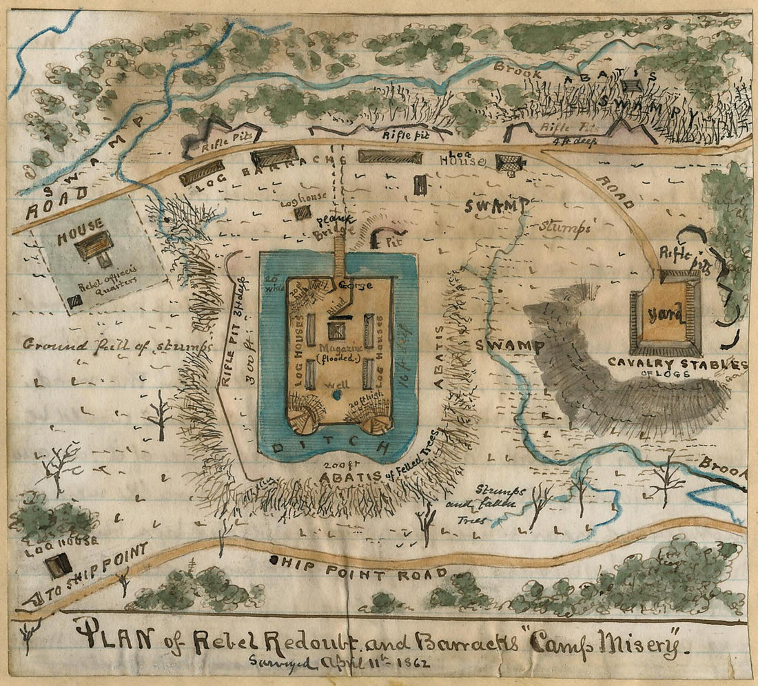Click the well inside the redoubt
336,395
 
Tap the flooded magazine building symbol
337,331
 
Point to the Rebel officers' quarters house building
94,245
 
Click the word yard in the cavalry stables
666,316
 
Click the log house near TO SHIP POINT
57,565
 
